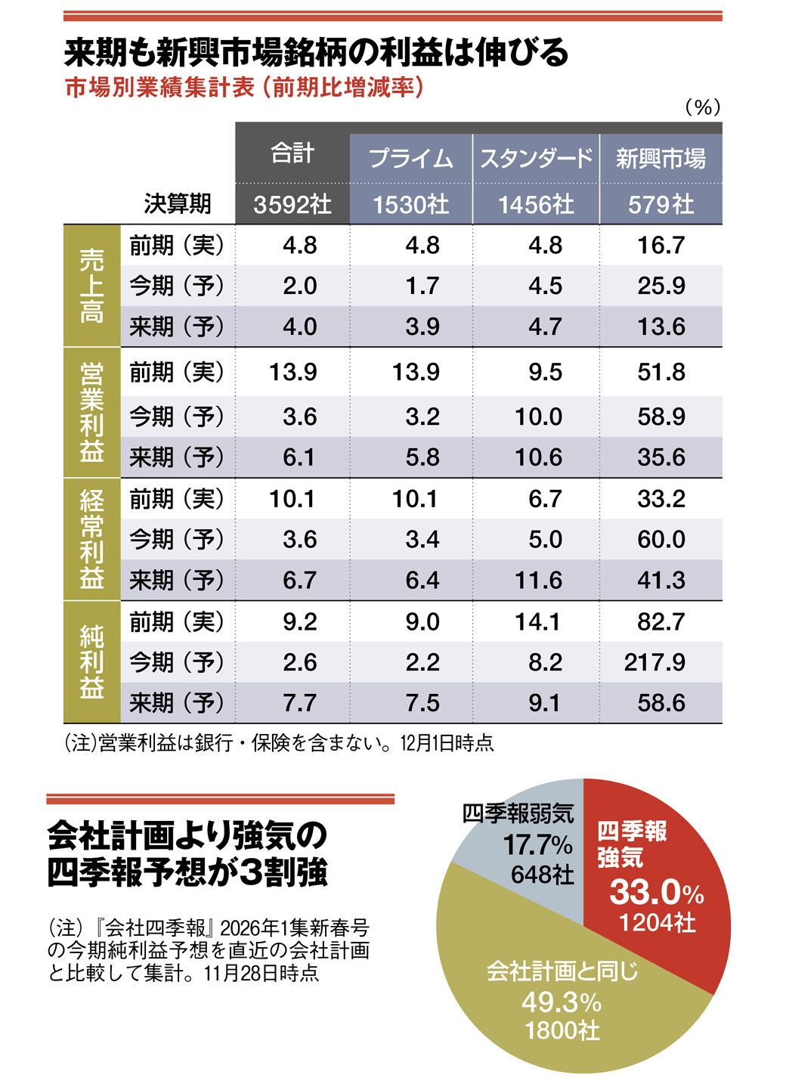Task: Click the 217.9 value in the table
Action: point(654,662)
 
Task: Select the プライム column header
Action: point(410,159)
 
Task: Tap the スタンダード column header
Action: point(536,159)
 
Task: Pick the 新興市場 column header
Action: point(661,159)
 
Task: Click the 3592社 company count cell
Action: point(292,204)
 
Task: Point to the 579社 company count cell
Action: point(661,204)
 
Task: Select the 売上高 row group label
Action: point(91,286)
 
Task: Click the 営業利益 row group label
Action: point(91,413)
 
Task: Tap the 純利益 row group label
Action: point(91,662)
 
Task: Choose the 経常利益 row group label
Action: point(91,539)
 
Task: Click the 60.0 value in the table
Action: point(661,539)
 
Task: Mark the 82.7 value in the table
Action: point(661,621)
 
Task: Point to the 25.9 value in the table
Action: point(661,286)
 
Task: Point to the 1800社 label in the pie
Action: point(562,1030)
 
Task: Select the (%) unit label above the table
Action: point(702,108)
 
